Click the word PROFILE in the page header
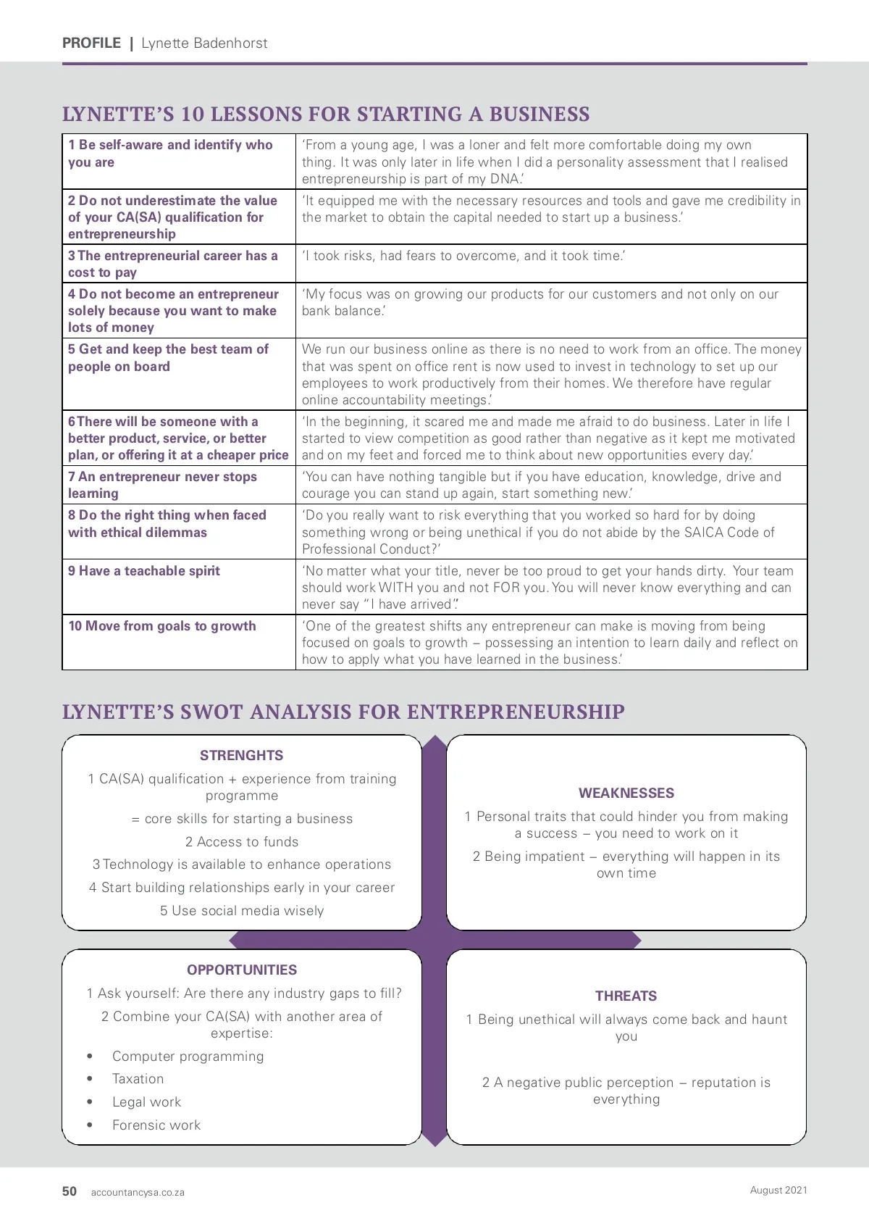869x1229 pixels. point(91,43)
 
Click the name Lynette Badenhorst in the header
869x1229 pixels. point(204,43)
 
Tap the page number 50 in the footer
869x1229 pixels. point(70,1191)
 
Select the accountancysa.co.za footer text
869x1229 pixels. point(138,1192)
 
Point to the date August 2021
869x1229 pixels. point(778,1190)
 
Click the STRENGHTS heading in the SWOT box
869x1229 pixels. point(241,755)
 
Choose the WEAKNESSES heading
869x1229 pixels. point(626,793)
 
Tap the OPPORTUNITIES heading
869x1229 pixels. point(242,970)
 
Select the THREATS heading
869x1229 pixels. point(626,996)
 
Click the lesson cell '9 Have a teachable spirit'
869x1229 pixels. point(144,571)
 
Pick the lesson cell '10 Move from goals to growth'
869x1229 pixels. point(162,626)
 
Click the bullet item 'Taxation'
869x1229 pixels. point(138,1079)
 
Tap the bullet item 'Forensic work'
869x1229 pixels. point(156,1125)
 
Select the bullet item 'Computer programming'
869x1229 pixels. point(188,1057)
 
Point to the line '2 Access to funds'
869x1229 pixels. point(241,842)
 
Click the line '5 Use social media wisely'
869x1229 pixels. point(242,911)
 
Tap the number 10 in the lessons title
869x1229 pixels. point(193,114)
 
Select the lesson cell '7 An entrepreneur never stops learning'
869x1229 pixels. point(162,485)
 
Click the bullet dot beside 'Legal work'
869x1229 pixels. point(90,1102)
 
